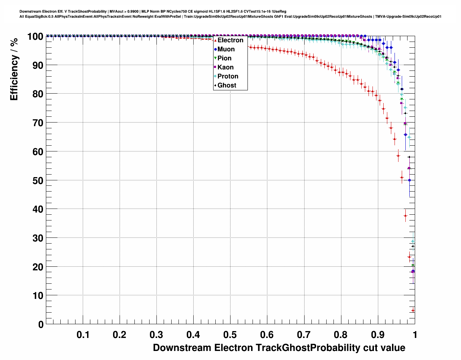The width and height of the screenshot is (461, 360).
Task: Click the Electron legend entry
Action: (x=230, y=40)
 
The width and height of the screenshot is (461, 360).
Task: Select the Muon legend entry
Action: (x=226, y=49)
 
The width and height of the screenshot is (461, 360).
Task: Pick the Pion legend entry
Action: (x=224, y=58)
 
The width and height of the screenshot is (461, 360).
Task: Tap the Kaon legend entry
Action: (x=225, y=67)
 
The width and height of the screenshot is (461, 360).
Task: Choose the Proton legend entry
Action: (x=228, y=76)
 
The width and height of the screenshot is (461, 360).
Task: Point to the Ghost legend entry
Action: (x=227, y=85)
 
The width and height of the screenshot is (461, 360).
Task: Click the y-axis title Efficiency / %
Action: (x=14, y=69)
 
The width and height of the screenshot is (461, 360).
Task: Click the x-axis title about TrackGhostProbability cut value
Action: (x=279, y=348)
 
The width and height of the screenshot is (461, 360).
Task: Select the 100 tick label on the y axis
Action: (x=35, y=37)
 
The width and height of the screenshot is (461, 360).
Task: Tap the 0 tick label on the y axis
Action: (x=41, y=325)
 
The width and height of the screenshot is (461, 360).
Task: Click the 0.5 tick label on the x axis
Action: (x=230, y=335)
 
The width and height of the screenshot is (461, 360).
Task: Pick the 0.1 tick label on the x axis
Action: (x=83, y=335)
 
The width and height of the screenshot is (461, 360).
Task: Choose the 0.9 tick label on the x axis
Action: (x=378, y=335)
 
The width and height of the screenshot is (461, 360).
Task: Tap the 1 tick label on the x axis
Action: (x=415, y=335)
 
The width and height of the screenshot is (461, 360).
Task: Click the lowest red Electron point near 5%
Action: (x=413, y=310)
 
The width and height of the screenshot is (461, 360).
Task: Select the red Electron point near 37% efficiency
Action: (x=405, y=216)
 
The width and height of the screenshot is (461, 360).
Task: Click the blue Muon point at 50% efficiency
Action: (x=409, y=180)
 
